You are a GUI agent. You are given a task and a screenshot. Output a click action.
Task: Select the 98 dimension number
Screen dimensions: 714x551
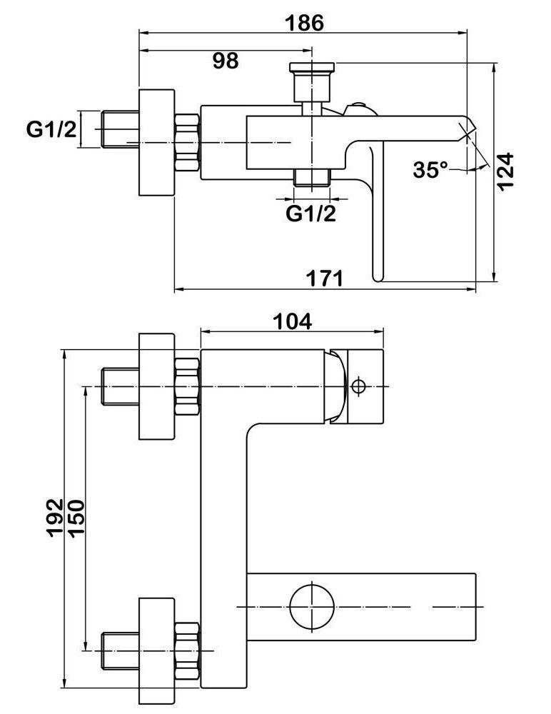coord(226,61)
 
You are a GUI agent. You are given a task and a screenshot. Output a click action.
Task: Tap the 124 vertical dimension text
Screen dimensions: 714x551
coord(505,171)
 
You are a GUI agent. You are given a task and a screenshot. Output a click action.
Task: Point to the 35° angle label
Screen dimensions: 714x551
coord(430,170)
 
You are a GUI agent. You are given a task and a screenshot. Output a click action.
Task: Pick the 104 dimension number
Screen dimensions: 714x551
coord(293,321)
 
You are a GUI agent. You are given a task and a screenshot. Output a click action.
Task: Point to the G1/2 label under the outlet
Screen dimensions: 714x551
coord(310,213)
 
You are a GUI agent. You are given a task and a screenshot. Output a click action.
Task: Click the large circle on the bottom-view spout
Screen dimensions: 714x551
coord(313,605)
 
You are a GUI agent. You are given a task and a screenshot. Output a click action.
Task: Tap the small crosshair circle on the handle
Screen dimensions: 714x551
coord(358,386)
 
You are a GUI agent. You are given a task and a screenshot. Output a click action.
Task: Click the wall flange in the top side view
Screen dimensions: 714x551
coord(156,144)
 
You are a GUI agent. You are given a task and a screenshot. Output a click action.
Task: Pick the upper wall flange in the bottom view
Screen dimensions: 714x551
coord(156,386)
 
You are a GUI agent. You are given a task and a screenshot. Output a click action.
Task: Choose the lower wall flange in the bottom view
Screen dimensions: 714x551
coord(156,650)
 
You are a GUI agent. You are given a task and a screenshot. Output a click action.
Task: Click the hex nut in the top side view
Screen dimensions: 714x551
coord(187,143)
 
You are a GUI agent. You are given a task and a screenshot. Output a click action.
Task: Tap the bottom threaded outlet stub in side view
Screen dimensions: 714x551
coord(312,178)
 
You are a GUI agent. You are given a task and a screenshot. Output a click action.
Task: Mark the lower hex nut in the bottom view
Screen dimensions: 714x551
coord(187,650)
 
